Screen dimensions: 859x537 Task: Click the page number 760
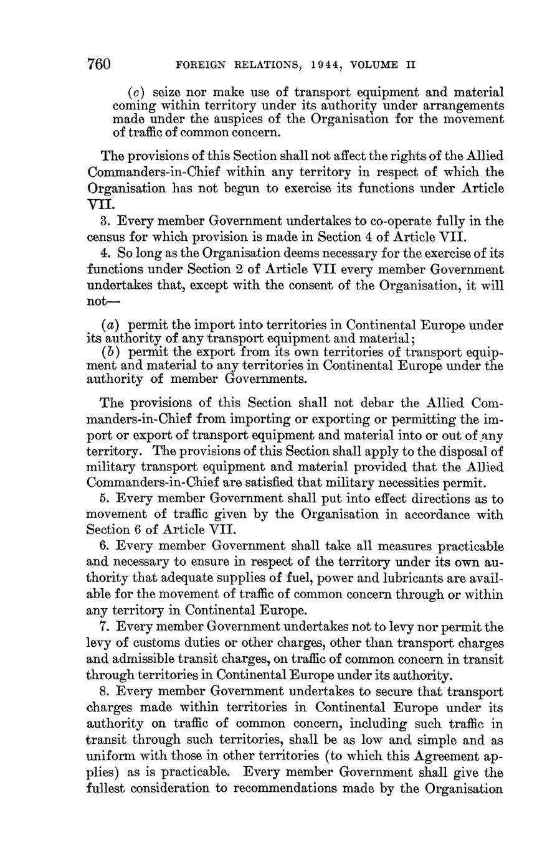[98, 64]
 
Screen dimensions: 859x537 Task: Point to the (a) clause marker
[112, 325]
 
